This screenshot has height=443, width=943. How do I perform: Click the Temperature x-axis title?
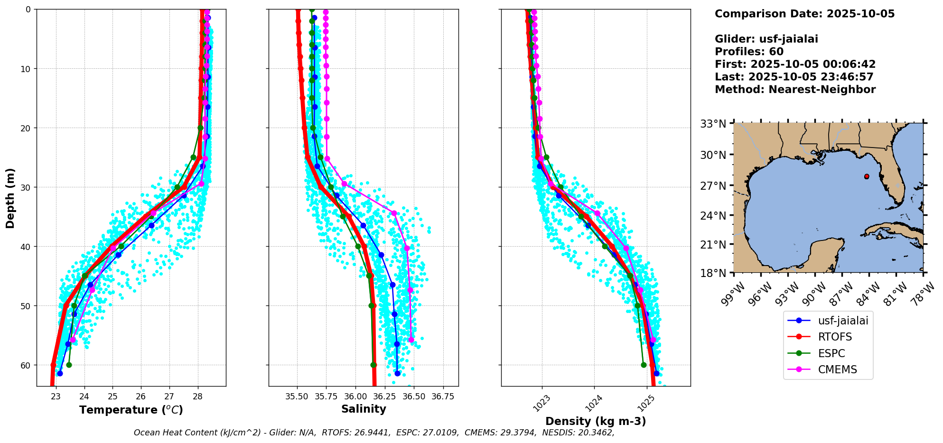pyautogui.click(x=131, y=410)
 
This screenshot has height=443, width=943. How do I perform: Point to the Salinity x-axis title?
pyautogui.click(x=364, y=409)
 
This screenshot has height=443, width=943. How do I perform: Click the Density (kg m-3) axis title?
pyautogui.click(x=596, y=421)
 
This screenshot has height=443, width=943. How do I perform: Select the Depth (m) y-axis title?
pyautogui.click(x=10, y=198)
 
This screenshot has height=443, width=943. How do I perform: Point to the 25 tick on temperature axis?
pyautogui.click(x=112, y=396)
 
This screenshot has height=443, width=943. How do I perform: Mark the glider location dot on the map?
pyautogui.click(x=867, y=176)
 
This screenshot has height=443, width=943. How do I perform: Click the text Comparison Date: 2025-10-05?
pyautogui.click(x=804, y=14)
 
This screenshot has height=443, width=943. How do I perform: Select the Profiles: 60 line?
pyautogui.click(x=749, y=52)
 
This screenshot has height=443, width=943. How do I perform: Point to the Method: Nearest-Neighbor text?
pyautogui.click(x=795, y=90)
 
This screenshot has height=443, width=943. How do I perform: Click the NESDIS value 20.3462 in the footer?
pyautogui.click(x=598, y=433)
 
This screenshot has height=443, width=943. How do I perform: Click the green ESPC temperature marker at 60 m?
pyautogui.click(x=69, y=365)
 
